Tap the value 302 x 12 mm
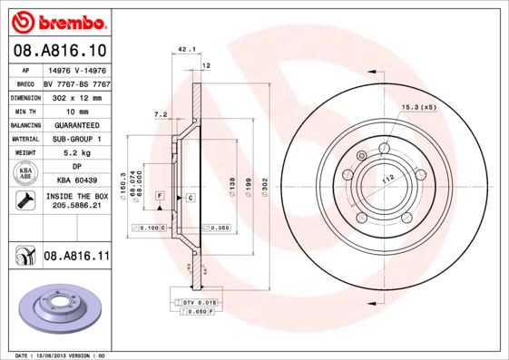click(x=77, y=95)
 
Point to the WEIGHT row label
click(x=24, y=153)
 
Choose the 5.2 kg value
click(x=77, y=153)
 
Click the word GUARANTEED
click(x=77, y=124)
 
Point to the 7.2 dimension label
click(x=161, y=115)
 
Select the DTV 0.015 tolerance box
click(x=193, y=301)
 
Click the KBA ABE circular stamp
click(x=24, y=175)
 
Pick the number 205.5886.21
click(x=77, y=207)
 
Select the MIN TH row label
click(x=24, y=110)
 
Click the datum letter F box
click(x=160, y=196)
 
